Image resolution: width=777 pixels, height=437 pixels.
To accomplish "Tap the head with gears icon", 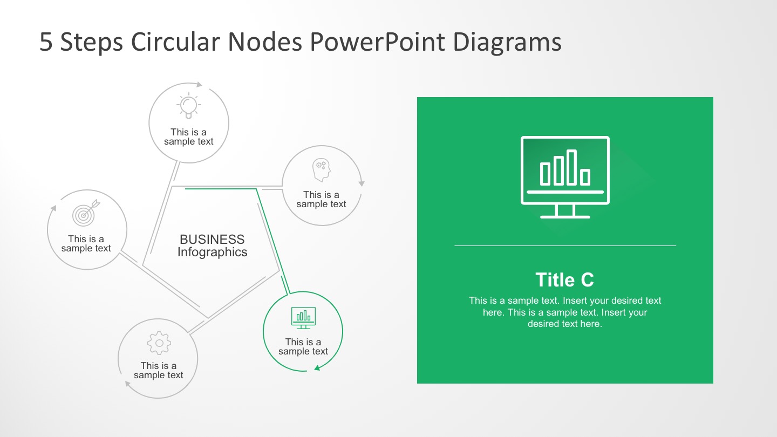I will coord(321,170).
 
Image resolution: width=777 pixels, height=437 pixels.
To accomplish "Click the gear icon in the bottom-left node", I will coord(159,343).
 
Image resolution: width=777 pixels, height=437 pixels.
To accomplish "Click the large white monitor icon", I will coord(565,176).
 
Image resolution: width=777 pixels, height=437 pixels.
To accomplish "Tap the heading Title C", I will coord(564,280).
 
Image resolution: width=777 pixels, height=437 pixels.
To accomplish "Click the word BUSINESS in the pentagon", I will coord(212,240).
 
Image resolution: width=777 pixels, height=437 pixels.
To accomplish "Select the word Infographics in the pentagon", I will coord(212,252).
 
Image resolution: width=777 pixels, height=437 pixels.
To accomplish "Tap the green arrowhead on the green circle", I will coord(318,368).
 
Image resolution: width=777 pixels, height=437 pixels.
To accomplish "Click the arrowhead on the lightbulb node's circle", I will coord(199,84).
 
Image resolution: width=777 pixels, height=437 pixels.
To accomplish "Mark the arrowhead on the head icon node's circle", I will coord(362,183).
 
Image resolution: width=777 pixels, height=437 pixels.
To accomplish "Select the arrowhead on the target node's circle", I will coord(53,208).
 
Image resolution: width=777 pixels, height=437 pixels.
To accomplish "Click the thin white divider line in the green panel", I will coord(565,246).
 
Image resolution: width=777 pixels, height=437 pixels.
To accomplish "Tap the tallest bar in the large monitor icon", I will coord(571,167).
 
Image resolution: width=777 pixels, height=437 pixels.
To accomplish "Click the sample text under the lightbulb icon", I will coord(189,137).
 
